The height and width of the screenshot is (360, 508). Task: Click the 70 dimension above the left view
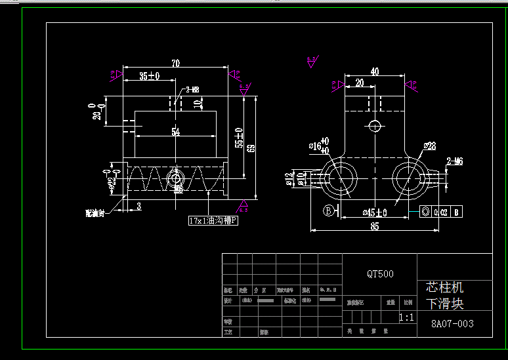coord(175,64)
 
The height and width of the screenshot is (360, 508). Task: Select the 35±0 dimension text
coord(149,76)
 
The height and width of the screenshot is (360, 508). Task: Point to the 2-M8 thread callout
coord(192,89)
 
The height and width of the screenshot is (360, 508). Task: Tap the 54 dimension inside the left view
coord(175,132)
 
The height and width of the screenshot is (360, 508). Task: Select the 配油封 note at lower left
coord(95,212)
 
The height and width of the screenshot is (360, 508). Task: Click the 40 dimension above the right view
coord(374,71)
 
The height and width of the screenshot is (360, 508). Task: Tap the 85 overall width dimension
coord(374,227)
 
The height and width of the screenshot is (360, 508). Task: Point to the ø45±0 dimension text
coord(375,212)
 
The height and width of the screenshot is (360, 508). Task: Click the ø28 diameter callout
coord(429,146)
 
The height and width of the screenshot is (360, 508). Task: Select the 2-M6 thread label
coord(455,161)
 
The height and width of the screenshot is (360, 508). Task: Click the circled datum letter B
coord(328,210)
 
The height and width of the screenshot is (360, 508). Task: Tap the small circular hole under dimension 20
coord(374,125)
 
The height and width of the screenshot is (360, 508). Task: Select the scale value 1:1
coord(407,317)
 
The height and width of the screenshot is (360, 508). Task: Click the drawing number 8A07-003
coord(452,323)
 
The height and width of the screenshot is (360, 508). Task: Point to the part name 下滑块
coord(444,304)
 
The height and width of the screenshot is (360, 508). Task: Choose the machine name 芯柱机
coord(444,287)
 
